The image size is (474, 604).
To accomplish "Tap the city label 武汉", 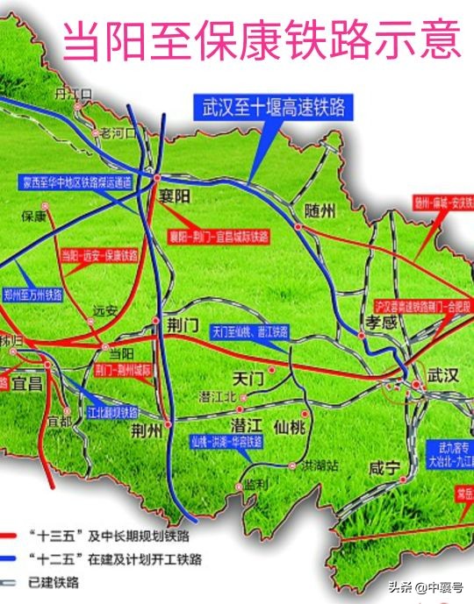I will click(442, 375).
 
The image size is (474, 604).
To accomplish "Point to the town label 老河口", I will click(120, 133).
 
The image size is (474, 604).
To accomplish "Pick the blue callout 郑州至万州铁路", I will click(34, 294).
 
